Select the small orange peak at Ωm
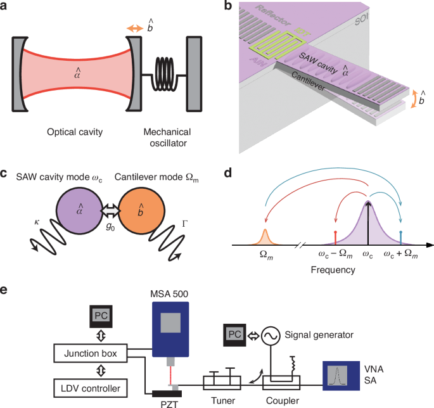click(x=265, y=236)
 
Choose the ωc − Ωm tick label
click(x=335, y=255)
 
